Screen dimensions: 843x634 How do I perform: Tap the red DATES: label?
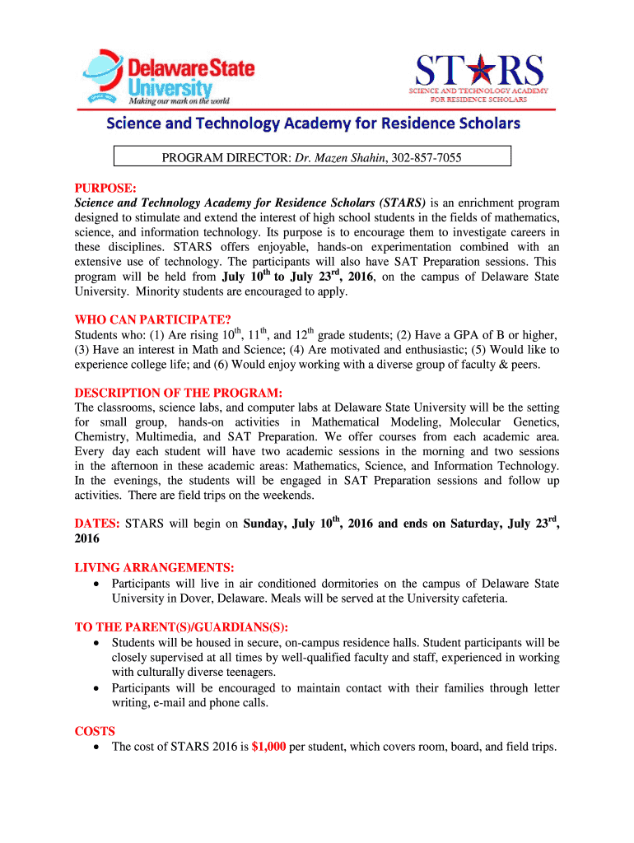(97, 524)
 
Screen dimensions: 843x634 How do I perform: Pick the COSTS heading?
(95, 731)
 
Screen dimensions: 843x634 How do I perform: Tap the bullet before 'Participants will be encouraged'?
(98, 688)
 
